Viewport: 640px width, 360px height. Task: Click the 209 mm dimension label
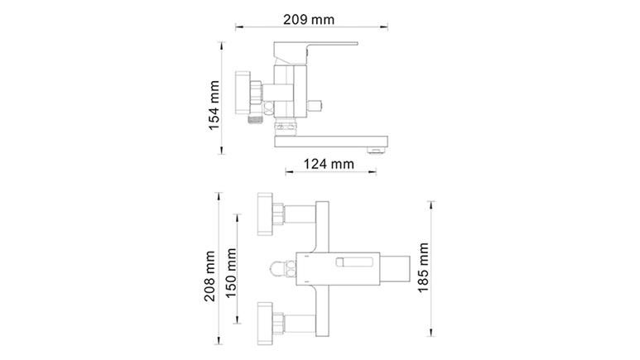(309, 19)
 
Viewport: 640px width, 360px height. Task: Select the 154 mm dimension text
(214, 105)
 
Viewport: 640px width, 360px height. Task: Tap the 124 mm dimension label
(329, 164)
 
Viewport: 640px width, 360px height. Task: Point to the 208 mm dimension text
(209, 276)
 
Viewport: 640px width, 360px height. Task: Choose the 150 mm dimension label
(231, 273)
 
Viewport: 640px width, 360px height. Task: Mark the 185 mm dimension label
(423, 268)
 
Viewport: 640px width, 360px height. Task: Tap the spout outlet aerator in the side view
(377, 151)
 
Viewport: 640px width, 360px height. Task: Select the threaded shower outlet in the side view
(256, 119)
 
